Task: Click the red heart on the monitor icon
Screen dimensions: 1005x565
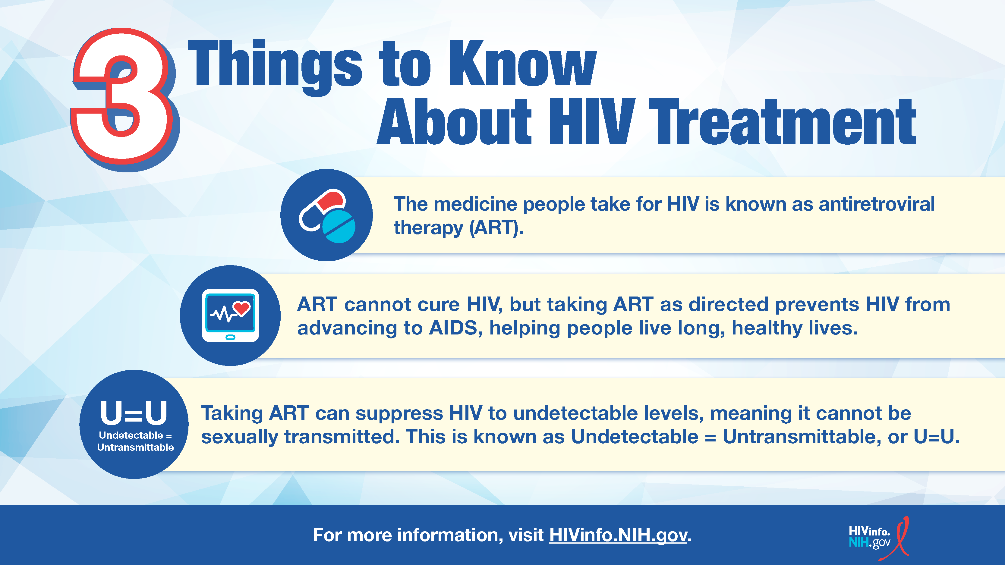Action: click(242, 309)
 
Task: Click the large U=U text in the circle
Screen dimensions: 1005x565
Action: click(134, 413)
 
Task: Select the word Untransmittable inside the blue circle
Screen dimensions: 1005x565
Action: click(135, 447)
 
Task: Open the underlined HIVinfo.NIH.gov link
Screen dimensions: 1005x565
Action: click(618, 535)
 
